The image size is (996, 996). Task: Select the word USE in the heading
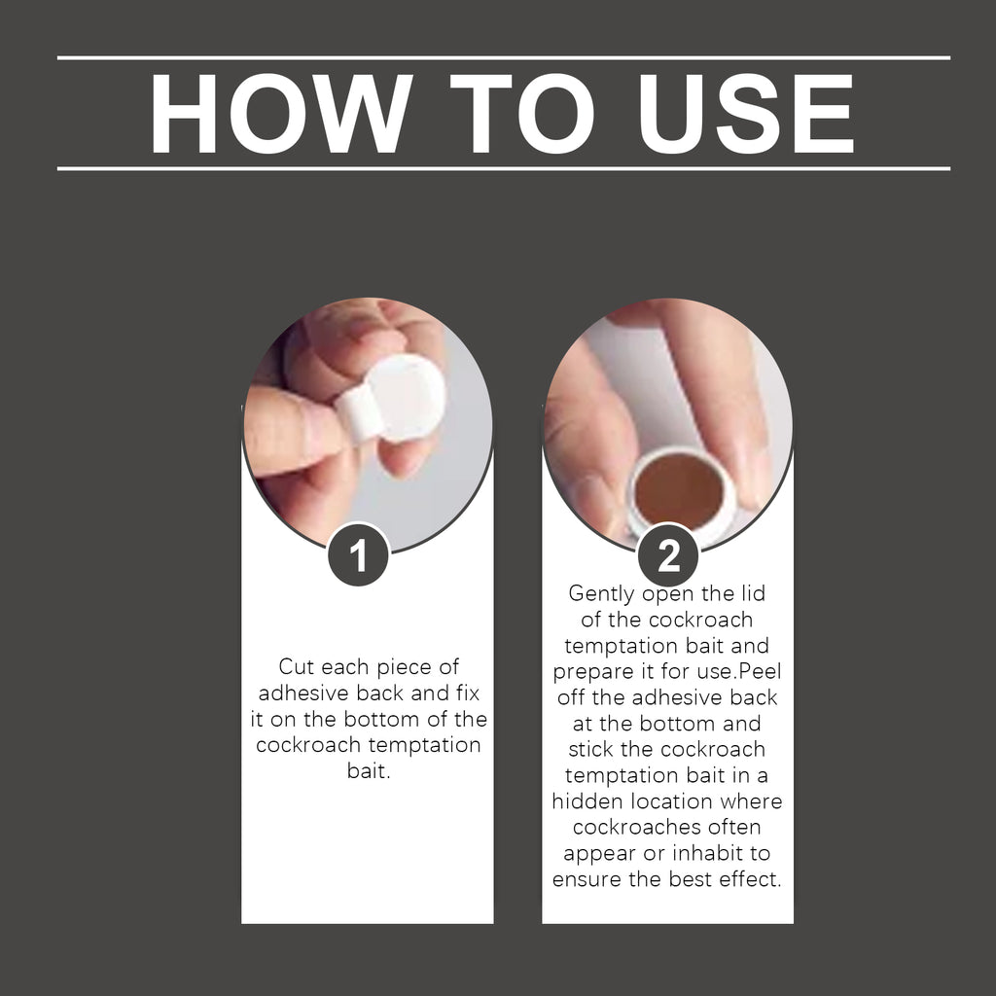[746, 113]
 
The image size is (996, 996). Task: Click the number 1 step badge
[358, 555]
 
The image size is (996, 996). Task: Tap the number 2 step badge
[668, 555]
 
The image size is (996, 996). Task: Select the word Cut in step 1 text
[298, 667]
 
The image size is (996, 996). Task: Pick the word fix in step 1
[468, 693]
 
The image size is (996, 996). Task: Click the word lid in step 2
[754, 592]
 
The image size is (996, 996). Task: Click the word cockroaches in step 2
[641, 827]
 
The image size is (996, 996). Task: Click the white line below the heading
[504, 168]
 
